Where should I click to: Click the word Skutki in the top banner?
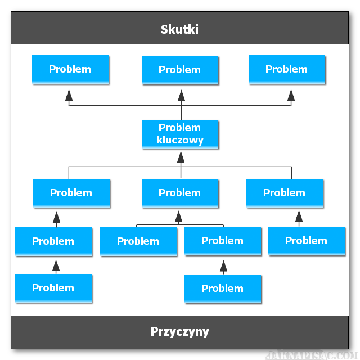pos(179,29)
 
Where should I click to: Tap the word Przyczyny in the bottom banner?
pos(180,332)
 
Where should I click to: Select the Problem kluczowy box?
pos(180,134)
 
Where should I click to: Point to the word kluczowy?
pos(180,140)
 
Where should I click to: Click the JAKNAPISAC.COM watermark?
pos(312,355)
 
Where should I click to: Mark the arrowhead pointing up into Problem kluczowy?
pos(181,157)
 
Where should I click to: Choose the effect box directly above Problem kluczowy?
pos(180,70)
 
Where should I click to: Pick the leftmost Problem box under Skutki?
pos(70,69)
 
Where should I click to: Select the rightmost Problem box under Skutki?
pos(287,69)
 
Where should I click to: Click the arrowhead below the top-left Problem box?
pos(69,95)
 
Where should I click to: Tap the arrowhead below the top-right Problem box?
pos(291,95)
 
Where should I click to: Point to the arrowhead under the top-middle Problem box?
pos(181,96)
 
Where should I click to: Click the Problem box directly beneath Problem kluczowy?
pos(180,193)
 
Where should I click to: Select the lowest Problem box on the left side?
pos(53,289)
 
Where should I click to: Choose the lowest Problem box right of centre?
pos(223,289)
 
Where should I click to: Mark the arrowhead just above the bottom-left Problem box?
pos(56,266)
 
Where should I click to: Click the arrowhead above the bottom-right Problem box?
pos(224,266)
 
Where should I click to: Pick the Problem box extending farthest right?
pos(307,241)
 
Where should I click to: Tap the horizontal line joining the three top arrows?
pos(180,105)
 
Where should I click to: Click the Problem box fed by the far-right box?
pos(285,193)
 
